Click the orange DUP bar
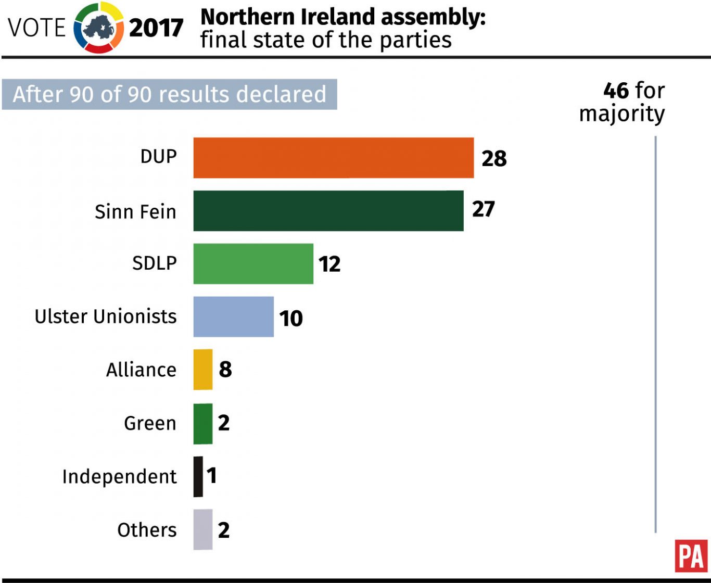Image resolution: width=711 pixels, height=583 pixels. coord(333,158)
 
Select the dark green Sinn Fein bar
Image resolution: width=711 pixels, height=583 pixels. coord(328,211)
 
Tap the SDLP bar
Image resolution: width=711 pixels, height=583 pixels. coord(253,264)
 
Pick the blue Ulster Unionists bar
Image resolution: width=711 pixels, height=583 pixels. coord(233,317)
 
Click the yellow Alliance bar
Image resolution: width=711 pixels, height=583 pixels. coord(202,370)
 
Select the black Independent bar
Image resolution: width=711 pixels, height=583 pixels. coord(198,477)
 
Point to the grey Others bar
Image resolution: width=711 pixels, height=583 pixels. coord(202,529)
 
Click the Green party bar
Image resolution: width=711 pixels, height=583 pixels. coord(202,423)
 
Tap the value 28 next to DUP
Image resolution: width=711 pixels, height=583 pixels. coord(493,159)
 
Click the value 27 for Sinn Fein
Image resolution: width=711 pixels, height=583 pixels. coord(483,209)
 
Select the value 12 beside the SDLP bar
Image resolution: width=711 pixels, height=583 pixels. coord(329,264)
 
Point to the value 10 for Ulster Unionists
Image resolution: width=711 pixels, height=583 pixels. coord(290,318)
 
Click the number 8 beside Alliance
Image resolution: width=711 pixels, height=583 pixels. coord(225,370)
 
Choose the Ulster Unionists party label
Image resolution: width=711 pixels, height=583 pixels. coord(105,316)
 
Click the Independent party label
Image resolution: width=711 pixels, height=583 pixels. coord(119,477)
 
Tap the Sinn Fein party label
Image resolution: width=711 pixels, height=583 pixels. coord(135,212)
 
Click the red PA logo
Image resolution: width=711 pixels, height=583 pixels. coord(691,556)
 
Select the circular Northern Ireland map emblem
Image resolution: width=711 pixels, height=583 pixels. coord(99,28)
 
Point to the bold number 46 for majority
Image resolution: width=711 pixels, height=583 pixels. coord(616,91)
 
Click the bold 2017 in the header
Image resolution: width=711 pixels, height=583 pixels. coord(156,28)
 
